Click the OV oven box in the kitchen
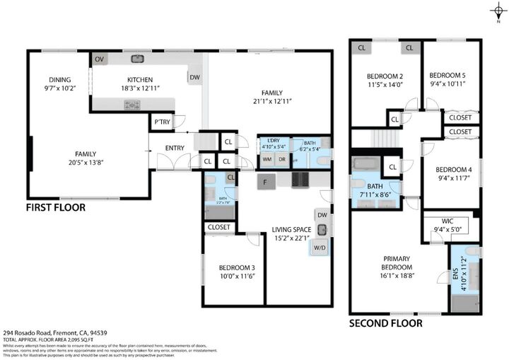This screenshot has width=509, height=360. tap(98, 60)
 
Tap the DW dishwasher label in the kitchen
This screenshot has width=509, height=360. tap(194, 77)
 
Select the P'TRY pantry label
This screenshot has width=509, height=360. tap(163, 122)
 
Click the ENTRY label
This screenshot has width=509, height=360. tap(175, 148)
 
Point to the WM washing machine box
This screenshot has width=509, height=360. tap(267, 159)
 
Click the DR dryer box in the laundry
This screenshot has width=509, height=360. tap(281, 159)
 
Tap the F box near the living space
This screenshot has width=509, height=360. tap(264, 182)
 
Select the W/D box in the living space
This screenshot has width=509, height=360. tap(320, 248)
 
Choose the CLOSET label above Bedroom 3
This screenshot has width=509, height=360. tap(218, 228)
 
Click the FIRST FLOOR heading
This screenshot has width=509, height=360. tap(56, 208)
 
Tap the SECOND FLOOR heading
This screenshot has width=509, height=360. tap(386, 323)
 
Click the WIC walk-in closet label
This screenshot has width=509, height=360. tap(450, 221)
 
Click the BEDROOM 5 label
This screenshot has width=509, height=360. tap(447, 76)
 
